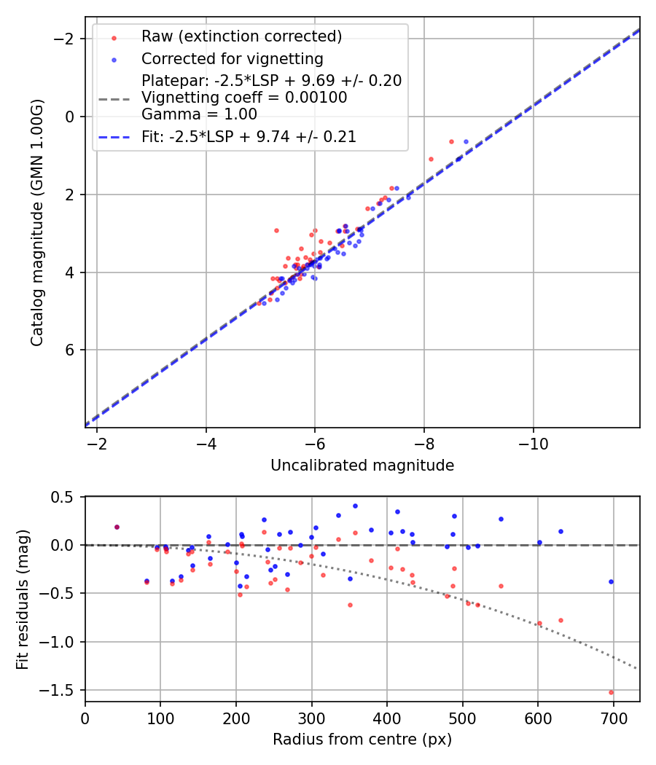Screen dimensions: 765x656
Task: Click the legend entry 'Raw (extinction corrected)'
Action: point(241,36)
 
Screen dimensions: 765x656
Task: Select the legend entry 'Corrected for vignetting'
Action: point(233,58)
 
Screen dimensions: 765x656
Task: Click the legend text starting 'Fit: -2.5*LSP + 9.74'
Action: point(249,136)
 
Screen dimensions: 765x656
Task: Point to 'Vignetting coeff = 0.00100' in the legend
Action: point(244,98)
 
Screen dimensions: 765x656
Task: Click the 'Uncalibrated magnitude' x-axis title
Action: point(362,466)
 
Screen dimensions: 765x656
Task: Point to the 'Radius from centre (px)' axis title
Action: point(362,739)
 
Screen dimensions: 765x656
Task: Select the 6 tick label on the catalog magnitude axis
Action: point(70,350)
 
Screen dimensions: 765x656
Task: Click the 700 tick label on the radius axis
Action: point(614,718)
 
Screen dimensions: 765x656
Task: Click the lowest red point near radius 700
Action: point(611,692)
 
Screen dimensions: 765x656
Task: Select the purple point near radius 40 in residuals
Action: point(117,527)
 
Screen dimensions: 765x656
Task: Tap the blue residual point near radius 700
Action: point(611,581)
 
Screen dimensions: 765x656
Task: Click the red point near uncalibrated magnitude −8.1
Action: point(431,159)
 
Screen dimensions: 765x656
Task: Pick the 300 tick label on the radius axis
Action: point(311,718)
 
